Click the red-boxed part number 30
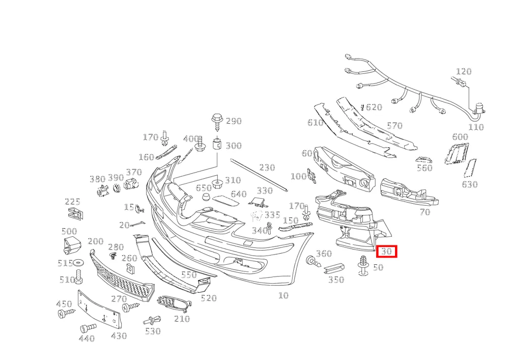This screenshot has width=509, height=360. click(386, 251)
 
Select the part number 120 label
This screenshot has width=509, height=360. click(464, 71)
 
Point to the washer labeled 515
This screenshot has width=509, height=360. click(78, 262)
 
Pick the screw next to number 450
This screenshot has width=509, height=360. click(66, 313)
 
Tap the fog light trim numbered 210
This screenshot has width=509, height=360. click(174, 303)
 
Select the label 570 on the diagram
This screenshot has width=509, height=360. click(395, 126)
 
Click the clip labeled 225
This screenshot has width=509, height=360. click(75, 213)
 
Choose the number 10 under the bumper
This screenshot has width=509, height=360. click(284, 295)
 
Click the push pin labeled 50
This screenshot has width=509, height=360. click(363, 265)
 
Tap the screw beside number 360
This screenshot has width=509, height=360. click(313, 261)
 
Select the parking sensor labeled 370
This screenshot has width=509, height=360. click(131, 184)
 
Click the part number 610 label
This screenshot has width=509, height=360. click(315, 122)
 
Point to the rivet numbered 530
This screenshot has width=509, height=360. click(152, 320)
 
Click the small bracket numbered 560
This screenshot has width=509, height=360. click(424, 159)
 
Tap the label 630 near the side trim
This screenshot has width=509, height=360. click(470, 184)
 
